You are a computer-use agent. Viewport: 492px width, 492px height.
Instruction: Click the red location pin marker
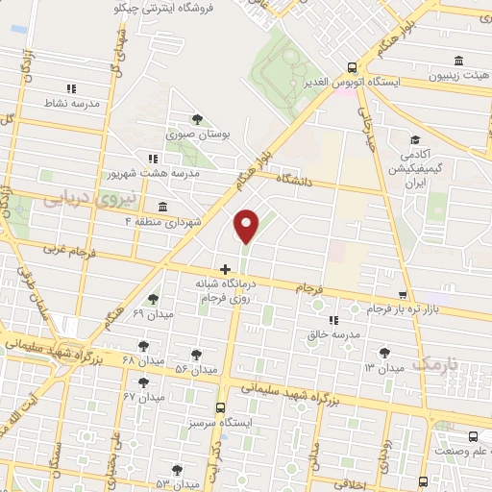click(x=247, y=225)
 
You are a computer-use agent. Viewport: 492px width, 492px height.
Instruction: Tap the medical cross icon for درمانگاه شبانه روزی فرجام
click(x=225, y=269)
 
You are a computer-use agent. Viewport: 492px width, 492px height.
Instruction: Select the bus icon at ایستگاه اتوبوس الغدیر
click(x=353, y=67)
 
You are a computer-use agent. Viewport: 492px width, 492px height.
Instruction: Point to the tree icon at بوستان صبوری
click(x=196, y=119)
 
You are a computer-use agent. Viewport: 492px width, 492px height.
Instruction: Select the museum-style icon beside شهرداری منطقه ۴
click(x=161, y=207)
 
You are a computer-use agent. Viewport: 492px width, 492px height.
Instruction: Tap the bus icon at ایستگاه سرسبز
click(x=221, y=407)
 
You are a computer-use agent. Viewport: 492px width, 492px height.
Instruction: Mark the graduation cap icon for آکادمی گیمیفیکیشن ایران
click(x=414, y=140)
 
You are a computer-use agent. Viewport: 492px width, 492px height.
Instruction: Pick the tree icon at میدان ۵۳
click(x=176, y=471)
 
